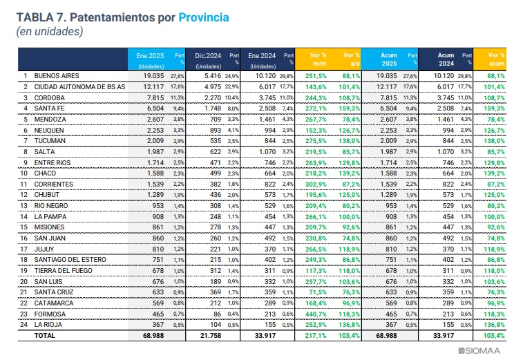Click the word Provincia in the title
(204, 17)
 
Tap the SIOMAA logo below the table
(479, 350)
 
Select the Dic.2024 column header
(208, 56)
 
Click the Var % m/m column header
(318, 59)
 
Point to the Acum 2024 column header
(446, 59)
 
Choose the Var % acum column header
(496, 59)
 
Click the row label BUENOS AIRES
(57, 76)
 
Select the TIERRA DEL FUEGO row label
(63, 271)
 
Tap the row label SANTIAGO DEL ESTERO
(70, 260)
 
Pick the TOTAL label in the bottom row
(45, 336)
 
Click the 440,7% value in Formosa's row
(316, 314)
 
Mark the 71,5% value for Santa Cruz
(318, 292)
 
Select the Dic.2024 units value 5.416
(213, 76)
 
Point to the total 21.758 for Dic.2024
(211, 336)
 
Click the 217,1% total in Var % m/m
(316, 336)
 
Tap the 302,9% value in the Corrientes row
(316, 184)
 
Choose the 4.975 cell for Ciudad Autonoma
(213, 87)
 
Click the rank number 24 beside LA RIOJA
(23, 325)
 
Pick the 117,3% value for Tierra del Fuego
(316, 271)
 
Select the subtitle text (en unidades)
(50, 31)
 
